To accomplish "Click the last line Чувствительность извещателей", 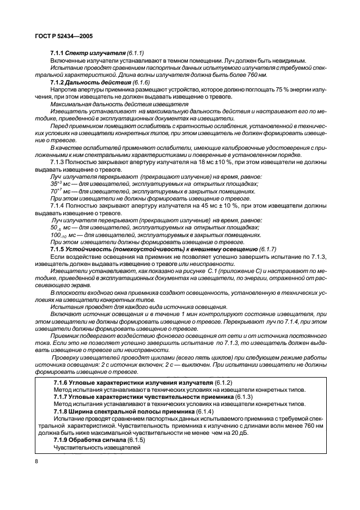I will click(97, 448).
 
